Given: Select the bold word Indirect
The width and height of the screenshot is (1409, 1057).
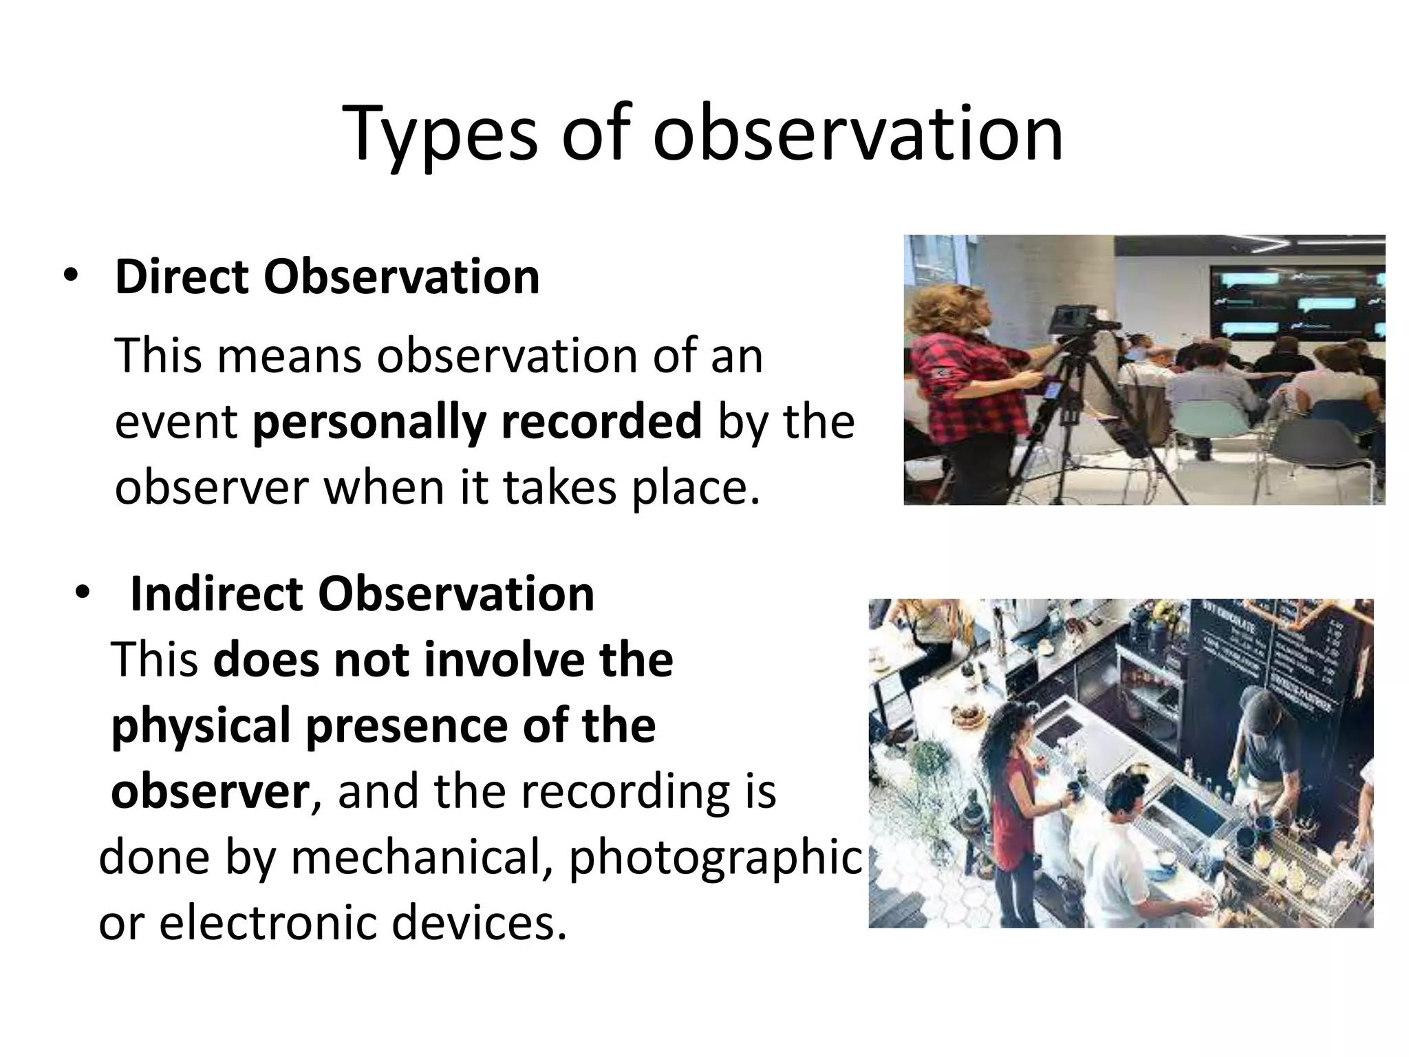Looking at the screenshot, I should tap(215, 594).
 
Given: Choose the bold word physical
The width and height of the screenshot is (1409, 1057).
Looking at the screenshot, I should tap(201, 726).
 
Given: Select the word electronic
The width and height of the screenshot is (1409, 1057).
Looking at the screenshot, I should tap(268, 923).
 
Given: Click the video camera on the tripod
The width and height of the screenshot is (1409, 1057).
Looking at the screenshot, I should tap(1079, 321).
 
